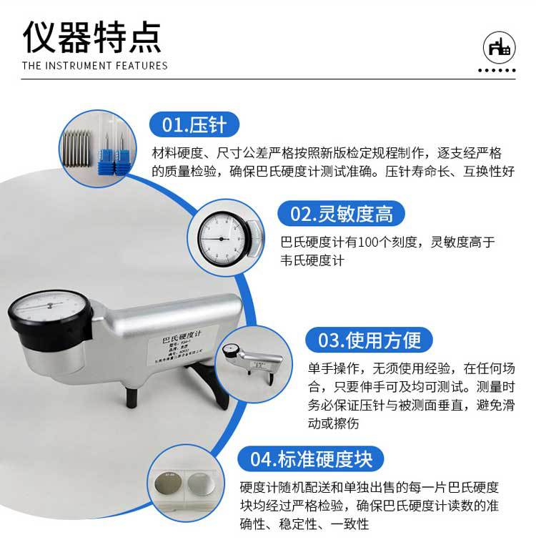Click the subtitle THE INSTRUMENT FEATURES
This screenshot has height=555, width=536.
coord(95,66)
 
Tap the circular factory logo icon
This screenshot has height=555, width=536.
coord(497,47)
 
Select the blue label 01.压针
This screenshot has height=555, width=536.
coord(194,125)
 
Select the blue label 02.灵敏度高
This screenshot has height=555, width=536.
coord(341,213)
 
